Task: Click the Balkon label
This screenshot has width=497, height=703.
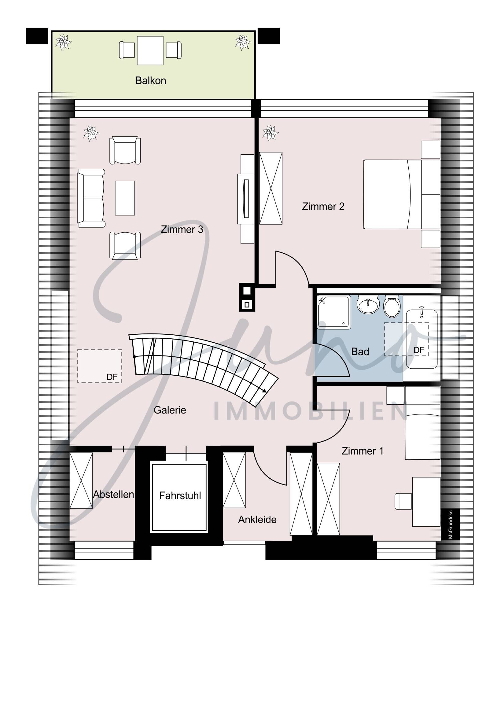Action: tap(150, 80)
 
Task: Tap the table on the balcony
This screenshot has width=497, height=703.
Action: tap(150, 50)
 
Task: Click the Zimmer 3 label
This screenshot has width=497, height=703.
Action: tap(182, 229)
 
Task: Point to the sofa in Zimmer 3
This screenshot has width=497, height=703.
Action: tap(91, 198)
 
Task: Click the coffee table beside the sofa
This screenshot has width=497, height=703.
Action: tap(125, 198)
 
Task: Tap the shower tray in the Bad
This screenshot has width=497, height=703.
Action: tap(334, 312)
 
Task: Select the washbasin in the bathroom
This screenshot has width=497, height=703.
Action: tap(368, 305)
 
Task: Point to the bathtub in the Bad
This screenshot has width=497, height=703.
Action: tap(422, 339)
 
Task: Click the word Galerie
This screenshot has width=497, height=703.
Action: tap(170, 410)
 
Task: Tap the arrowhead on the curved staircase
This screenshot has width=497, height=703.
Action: tap(264, 390)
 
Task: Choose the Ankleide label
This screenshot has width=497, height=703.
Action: tap(257, 519)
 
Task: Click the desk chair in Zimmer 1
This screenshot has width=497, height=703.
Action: tap(403, 501)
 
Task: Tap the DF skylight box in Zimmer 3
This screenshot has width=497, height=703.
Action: tap(100, 366)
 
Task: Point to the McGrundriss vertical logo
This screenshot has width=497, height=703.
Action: tap(450, 524)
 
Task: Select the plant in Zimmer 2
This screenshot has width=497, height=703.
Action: tap(270, 133)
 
